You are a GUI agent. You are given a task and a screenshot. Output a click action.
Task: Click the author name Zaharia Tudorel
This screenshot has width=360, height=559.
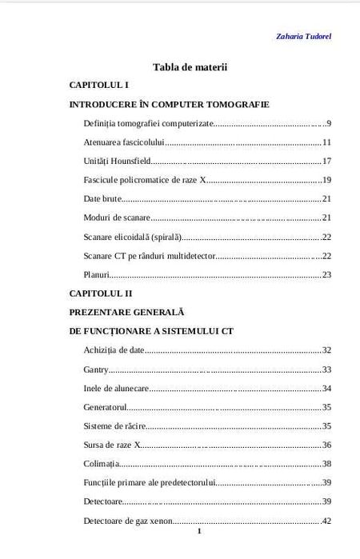(x=303, y=36)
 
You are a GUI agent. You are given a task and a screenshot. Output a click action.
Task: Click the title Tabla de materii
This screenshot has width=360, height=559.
(x=190, y=67)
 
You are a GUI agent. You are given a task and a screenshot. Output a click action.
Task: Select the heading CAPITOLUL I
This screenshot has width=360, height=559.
(x=99, y=85)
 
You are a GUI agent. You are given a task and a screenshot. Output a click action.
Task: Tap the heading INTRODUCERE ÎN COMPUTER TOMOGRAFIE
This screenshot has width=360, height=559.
(x=169, y=104)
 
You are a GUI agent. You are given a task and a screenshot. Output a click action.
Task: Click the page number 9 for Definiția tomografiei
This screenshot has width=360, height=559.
(x=329, y=123)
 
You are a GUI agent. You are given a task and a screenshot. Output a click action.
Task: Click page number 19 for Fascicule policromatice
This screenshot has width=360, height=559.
(x=326, y=180)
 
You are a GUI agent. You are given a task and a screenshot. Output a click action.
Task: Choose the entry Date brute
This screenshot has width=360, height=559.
(x=102, y=198)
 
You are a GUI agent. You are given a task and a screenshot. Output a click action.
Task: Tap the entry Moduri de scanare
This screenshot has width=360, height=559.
(x=116, y=218)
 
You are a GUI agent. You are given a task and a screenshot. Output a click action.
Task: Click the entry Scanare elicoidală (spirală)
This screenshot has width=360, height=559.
(x=133, y=237)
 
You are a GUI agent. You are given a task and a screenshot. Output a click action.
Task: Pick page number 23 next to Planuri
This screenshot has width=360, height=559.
(x=326, y=274)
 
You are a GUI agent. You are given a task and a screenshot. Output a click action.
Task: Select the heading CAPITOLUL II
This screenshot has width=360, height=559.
(x=101, y=293)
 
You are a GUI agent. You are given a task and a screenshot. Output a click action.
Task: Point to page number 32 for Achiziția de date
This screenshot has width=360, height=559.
(x=326, y=350)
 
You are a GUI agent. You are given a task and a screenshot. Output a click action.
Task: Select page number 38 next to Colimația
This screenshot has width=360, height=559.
(x=326, y=464)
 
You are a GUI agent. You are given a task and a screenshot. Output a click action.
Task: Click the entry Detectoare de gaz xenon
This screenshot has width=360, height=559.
(x=128, y=521)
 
